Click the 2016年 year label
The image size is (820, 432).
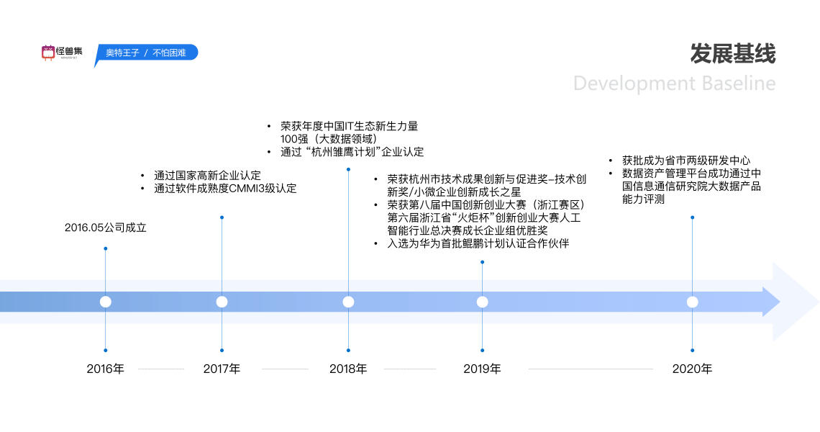[105, 369]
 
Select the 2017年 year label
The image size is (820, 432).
[222, 369]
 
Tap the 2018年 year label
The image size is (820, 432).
[348, 369]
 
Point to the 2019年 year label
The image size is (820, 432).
[482, 369]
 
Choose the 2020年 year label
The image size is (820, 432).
[692, 369]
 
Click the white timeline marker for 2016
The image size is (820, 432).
[106, 302]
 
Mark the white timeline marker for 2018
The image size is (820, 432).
[348, 302]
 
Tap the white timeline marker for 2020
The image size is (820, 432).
[692, 302]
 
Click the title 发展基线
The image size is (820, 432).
[733, 54]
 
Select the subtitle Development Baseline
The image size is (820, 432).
[674, 84]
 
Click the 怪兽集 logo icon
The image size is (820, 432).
[48, 52]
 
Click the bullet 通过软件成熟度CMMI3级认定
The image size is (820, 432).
[224, 189]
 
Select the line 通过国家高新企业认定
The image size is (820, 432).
[207, 175]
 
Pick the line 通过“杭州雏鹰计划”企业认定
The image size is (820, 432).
[352, 152]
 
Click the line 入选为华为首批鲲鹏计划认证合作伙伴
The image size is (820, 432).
[478, 243]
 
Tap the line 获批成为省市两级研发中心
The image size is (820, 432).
[686, 161]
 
